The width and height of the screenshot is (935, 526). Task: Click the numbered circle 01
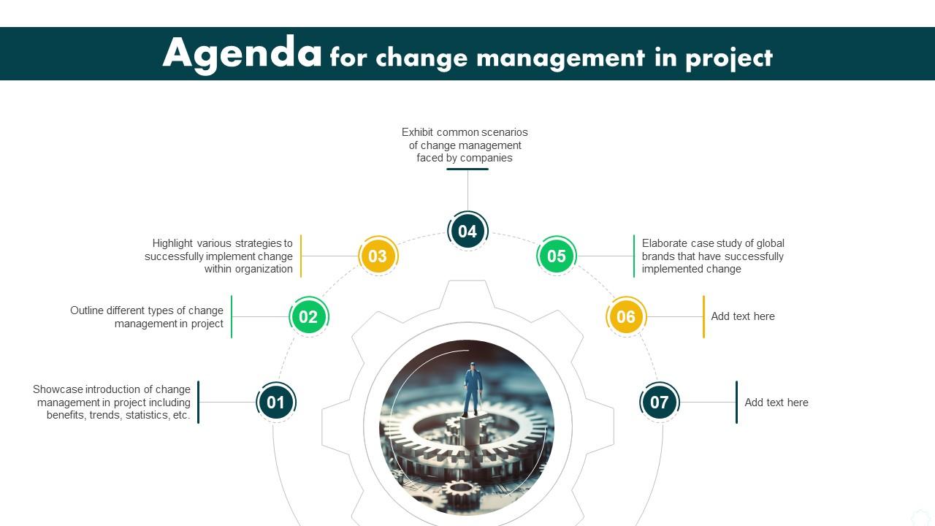tap(275, 402)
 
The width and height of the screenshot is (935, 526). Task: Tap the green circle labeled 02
tap(308, 316)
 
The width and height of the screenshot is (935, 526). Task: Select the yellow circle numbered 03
tap(377, 256)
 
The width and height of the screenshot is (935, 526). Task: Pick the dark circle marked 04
tap(467, 231)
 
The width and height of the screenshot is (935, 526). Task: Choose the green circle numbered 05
tap(557, 256)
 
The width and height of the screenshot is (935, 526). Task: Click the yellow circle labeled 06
tap(626, 316)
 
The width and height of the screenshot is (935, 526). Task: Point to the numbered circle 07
tap(659, 402)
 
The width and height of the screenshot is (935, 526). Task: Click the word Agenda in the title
tap(242, 53)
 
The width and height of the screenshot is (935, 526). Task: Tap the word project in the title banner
tap(728, 58)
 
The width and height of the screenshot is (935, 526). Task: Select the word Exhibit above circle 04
tap(417, 132)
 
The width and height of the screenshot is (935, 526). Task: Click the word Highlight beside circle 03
tap(173, 243)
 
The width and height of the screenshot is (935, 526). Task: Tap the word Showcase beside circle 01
tap(58, 389)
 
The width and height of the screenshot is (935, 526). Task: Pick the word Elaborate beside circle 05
tap(665, 243)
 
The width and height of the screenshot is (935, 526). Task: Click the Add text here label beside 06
tap(743, 316)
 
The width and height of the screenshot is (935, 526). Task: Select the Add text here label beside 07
tap(776, 403)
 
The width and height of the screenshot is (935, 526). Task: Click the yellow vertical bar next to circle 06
tap(703, 316)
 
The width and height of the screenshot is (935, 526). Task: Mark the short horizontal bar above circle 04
tap(467, 169)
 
